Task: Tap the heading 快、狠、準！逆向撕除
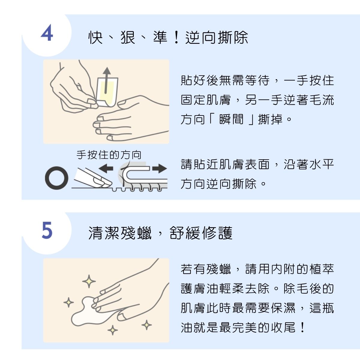pyautogui.click(x=168, y=38)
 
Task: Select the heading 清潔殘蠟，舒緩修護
pyautogui.click(x=160, y=233)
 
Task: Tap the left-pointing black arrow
pyautogui.click(x=106, y=168)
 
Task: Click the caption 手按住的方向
pyautogui.click(x=109, y=155)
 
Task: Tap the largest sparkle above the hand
pyautogui.click(x=89, y=281)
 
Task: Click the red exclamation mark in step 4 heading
pyautogui.click(x=176, y=38)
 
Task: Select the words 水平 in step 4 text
pyautogui.click(x=321, y=164)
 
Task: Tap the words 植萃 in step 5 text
pyautogui.click(x=321, y=269)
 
